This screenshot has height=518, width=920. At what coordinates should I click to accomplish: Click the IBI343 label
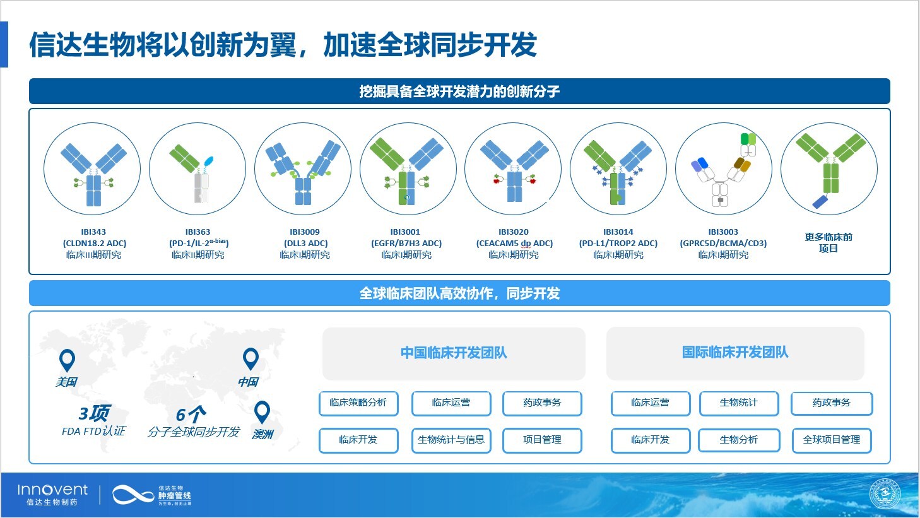click(x=93, y=232)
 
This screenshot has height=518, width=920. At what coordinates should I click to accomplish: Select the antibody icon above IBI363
click(x=197, y=169)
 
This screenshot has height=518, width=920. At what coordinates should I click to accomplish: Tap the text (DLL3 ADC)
click(x=305, y=243)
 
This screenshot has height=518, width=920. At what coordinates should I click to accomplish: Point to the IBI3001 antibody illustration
click(x=408, y=169)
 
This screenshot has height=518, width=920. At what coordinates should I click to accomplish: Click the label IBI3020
click(x=513, y=232)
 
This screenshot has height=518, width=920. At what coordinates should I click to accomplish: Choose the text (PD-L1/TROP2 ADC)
click(x=618, y=243)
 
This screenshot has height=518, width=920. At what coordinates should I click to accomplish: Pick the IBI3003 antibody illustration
click(x=723, y=169)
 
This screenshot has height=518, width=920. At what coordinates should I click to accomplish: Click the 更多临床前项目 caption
click(x=828, y=242)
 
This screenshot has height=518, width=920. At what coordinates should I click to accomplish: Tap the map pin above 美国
click(x=66, y=360)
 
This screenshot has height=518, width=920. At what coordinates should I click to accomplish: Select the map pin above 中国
click(x=251, y=359)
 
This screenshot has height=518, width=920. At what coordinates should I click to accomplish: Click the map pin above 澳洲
click(x=262, y=412)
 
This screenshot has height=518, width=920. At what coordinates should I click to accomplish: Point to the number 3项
click(x=93, y=413)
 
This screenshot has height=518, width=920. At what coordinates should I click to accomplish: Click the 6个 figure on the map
click(x=191, y=415)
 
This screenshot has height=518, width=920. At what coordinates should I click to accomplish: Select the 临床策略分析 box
click(x=358, y=403)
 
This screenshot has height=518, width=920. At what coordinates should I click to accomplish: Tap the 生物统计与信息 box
click(x=451, y=440)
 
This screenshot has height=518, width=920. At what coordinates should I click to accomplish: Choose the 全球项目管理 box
click(x=831, y=440)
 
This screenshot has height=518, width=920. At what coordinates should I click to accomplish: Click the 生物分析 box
click(x=738, y=440)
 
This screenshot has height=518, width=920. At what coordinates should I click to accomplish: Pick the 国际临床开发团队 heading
click(x=734, y=353)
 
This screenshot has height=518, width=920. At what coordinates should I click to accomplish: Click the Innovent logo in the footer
click(x=53, y=494)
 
